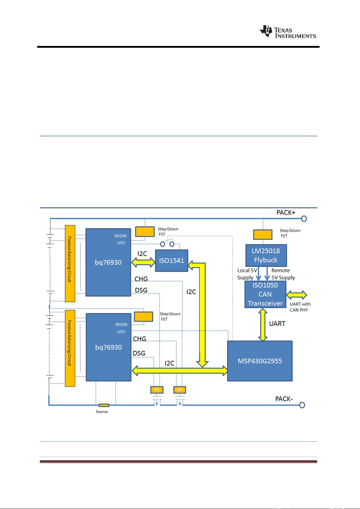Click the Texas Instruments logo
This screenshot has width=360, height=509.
288,31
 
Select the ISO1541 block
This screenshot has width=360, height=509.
172,261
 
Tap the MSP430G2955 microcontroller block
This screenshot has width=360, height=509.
260,361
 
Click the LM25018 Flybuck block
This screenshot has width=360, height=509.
266,256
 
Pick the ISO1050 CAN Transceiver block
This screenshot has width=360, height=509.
265,294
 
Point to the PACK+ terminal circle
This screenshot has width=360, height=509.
304,219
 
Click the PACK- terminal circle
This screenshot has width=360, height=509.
302,405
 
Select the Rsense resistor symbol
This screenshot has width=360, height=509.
104,405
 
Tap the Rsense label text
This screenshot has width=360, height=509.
102,412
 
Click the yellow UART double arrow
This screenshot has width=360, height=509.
263,325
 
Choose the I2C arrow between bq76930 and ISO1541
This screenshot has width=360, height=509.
143,262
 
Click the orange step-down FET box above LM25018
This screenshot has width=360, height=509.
263,235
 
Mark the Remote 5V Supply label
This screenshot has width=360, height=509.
283,274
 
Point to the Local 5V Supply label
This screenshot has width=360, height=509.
247,274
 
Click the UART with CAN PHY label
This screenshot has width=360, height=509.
300,307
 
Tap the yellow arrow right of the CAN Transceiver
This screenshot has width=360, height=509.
297,295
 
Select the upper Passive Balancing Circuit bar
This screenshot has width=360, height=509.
70,264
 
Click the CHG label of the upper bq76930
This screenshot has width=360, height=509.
141,279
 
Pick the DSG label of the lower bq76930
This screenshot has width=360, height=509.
139,353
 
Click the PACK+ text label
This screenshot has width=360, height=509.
286,213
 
